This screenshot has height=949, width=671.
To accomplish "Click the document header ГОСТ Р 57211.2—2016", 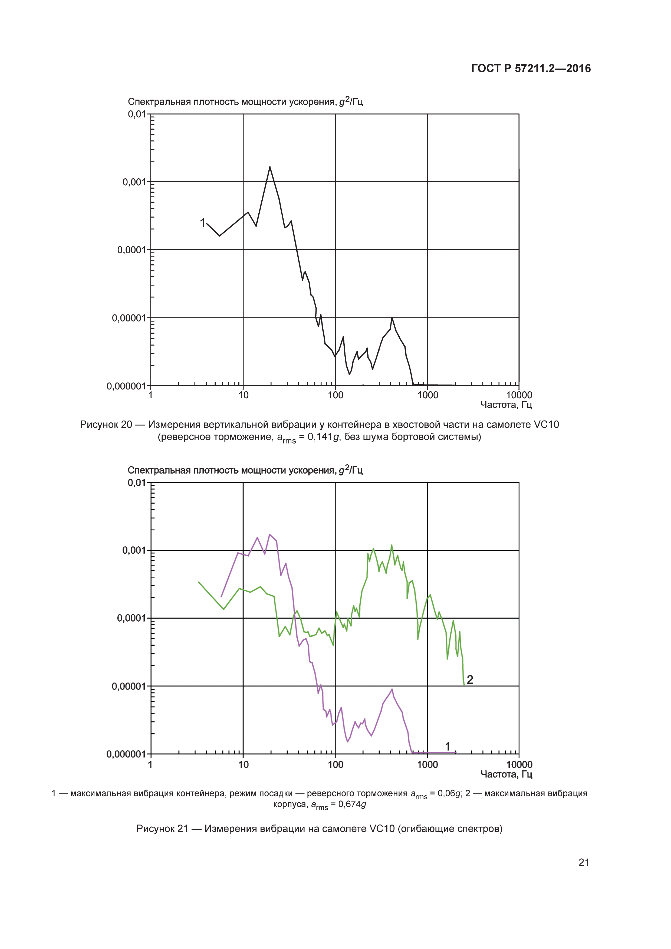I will point(531,69).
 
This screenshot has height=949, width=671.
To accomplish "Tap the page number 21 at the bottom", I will point(583,862).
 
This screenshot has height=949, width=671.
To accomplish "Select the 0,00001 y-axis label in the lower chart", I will point(128,687).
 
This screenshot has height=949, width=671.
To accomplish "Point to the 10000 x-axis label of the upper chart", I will point(519,395).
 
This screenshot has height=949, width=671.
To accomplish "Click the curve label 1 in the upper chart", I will point(202,223).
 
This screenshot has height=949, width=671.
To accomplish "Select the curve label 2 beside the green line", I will point(470,679).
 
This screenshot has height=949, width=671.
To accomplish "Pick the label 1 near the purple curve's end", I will point(448,746).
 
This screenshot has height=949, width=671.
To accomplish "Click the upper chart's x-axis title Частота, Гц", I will point(506,405).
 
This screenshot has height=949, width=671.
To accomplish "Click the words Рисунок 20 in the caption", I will point(106,425).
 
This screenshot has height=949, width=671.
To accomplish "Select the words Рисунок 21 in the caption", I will point(162,829).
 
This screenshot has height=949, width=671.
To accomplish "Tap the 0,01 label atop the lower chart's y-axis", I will point(137,483).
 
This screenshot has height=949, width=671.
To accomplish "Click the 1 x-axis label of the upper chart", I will point(151,395).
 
